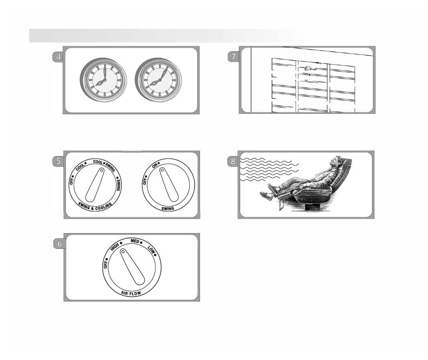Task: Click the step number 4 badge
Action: pyautogui.click(x=58, y=57)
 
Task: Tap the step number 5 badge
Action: pyautogui.click(x=58, y=161)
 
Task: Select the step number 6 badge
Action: pyautogui.click(x=59, y=243)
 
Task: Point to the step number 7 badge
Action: pyautogui.click(x=233, y=57)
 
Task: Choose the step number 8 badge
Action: pyautogui.click(x=232, y=161)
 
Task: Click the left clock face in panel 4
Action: pyautogui.click(x=104, y=80)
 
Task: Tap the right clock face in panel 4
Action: pyautogui.click(x=159, y=80)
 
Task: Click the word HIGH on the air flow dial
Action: pyautogui.click(x=114, y=247)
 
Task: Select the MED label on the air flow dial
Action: pyautogui.click(x=135, y=241)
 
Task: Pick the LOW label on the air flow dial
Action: pyautogui.click(x=151, y=249)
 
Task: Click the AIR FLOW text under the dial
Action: pyautogui.click(x=131, y=293)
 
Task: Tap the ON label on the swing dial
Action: pyautogui.click(x=155, y=166)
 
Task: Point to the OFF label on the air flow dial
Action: pyautogui.click(x=105, y=264)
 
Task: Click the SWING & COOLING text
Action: pyautogui.click(x=95, y=207)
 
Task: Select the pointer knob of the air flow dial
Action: pyautogui.click(x=132, y=267)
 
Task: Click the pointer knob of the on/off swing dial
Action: pyautogui.click(x=169, y=184)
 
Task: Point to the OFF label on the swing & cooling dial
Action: pyautogui.click(x=72, y=180)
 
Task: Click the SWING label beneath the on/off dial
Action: pyautogui.click(x=168, y=209)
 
